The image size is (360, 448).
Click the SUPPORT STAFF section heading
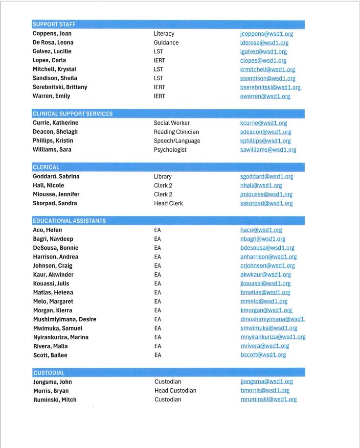[54, 24]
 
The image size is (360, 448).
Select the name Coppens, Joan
[52, 34]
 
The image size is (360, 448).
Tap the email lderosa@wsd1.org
[264, 43]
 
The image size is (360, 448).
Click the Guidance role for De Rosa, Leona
[166, 43]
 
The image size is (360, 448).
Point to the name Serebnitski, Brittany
[60, 87]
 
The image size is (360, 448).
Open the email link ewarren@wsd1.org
[265, 96]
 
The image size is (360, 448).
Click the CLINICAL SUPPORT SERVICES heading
[72, 114]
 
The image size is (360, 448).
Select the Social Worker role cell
[172, 123]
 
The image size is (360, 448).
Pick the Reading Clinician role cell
[176, 132]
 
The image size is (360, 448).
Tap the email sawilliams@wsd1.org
[268, 150]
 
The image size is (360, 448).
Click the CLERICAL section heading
[46, 167]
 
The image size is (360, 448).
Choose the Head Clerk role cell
[168, 203]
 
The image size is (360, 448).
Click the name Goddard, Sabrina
[56, 176]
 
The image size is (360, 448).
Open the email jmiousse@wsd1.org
[266, 194]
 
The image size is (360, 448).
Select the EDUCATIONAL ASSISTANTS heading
[69, 221]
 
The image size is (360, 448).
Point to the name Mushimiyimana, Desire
[64, 319]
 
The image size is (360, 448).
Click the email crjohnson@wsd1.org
[268, 266]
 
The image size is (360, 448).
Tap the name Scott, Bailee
[50, 355]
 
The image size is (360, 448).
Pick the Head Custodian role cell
[175, 391]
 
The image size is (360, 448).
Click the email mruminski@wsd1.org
[269, 400]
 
